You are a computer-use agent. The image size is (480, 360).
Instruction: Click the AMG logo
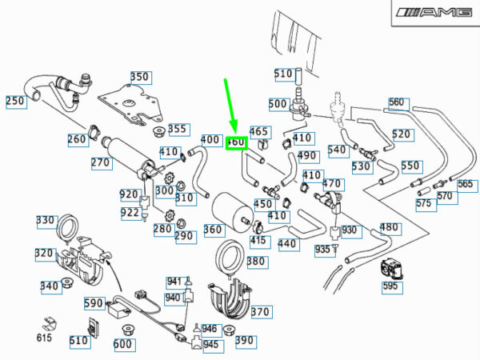pyautogui.click(x=432, y=14)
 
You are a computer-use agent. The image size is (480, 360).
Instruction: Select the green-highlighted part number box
pyautogui.click(x=236, y=142)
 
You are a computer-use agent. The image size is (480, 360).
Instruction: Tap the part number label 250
pyautogui.click(x=16, y=102)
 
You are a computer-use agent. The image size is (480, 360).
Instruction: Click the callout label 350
pyautogui.click(x=140, y=78)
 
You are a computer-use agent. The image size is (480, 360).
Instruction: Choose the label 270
pyautogui.click(x=100, y=162)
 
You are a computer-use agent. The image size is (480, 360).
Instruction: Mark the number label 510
pyautogui.click(x=284, y=74)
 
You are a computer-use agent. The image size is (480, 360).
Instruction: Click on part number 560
pyautogui.click(x=398, y=102)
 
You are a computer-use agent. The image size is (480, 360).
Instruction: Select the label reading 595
pyautogui.click(x=390, y=286)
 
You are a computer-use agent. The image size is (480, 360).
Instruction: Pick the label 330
pyautogui.click(x=46, y=221)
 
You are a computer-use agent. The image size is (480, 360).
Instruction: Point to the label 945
pyautogui.click(x=210, y=345)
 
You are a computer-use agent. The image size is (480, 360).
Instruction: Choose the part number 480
pyautogui.click(x=390, y=228)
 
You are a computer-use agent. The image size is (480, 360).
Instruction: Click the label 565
pyautogui.click(x=466, y=184)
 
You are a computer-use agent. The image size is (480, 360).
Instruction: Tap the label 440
pyautogui.click(x=287, y=244)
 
